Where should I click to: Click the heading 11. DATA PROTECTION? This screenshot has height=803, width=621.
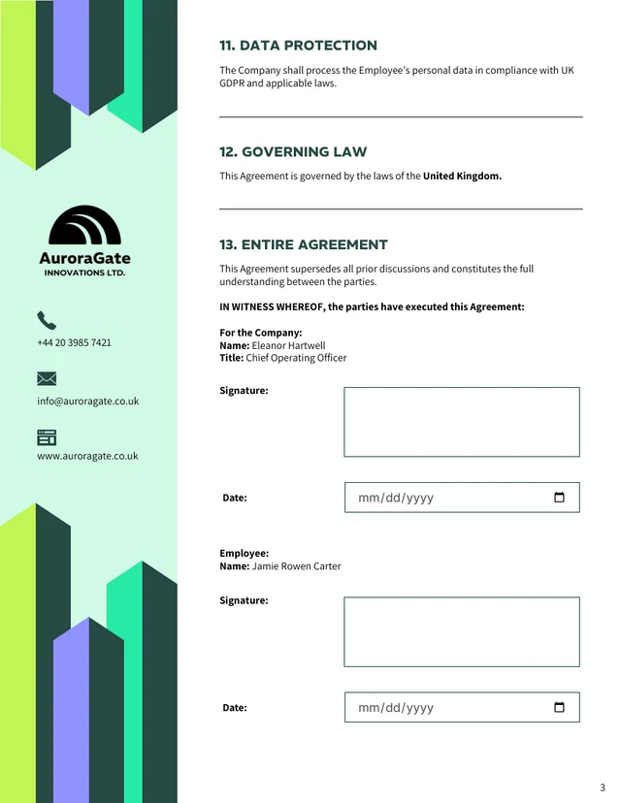point(298,46)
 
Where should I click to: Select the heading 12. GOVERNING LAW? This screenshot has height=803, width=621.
point(293,152)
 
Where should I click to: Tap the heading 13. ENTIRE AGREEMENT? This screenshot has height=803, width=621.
point(303,245)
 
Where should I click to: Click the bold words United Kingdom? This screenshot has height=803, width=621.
point(462,177)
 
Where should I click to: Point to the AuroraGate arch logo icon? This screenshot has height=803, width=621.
point(84,225)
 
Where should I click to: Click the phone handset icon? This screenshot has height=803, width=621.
point(47,320)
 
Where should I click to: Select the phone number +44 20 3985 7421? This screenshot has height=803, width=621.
point(74,342)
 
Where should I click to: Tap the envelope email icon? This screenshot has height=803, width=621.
point(47,378)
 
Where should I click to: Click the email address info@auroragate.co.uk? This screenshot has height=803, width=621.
point(87,401)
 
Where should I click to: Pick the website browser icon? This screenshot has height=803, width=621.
point(47,437)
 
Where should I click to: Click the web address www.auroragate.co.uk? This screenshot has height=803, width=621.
point(87,456)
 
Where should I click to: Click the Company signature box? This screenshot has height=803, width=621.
point(461,422)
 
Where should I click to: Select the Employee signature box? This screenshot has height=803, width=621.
point(461,631)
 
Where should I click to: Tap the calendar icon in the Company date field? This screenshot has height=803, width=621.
point(559,498)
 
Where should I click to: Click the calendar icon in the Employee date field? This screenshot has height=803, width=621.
point(559,707)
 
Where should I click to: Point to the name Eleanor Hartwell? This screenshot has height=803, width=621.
point(288,345)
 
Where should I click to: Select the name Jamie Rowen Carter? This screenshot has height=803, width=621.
point(296,566)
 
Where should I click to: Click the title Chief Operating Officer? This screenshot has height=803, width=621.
point(296,358)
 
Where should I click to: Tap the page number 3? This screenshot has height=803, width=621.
point(603,787)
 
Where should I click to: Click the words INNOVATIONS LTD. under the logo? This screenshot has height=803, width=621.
point(84,273)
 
